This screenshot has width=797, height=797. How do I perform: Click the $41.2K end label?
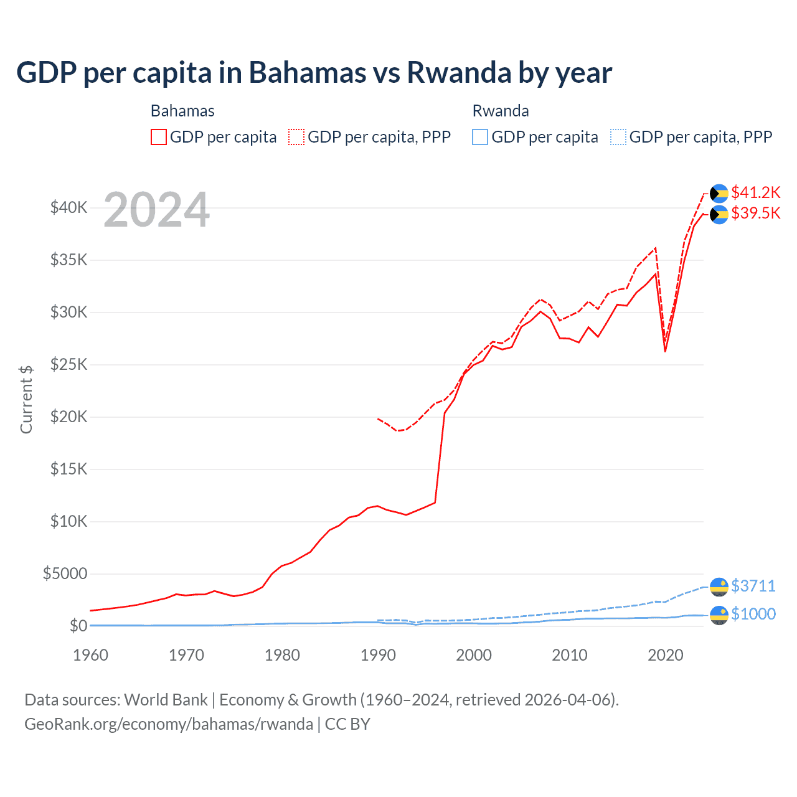point(755,192)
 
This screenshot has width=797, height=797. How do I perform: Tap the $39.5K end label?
point(755,213)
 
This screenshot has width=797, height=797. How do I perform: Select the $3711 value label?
point(753,586)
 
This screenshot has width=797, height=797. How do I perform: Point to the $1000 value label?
point(753,614)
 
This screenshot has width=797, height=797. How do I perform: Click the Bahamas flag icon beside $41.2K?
point(719,194)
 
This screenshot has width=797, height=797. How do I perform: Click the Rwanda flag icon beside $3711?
point(719,587)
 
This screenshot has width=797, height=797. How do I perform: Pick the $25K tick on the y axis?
point(68,364)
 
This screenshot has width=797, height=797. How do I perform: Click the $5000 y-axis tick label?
point(65,573)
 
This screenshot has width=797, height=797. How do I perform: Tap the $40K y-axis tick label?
point(68,207)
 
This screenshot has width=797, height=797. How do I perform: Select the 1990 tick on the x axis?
point(378,655)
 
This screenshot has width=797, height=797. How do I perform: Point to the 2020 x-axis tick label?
point(665,655)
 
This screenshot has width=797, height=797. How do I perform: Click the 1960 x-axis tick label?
point(91,655)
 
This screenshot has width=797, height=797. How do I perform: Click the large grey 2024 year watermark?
point(156,210)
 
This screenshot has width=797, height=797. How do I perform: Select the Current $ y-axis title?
point(26,399)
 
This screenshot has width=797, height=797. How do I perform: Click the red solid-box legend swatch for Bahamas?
point(159,137)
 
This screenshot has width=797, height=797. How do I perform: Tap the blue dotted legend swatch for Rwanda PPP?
point(618,137)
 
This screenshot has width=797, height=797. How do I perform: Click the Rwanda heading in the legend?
point(501,111)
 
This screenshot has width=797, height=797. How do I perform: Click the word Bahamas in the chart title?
point(308,72)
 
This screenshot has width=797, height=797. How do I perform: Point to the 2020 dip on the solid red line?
point(665,351)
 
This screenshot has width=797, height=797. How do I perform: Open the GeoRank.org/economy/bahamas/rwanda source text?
point(169,724)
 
